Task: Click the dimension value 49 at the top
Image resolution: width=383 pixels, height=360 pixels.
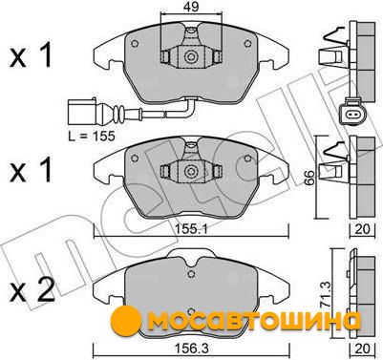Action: tap(191, 7)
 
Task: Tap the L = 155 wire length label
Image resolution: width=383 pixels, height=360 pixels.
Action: tap(91, 137)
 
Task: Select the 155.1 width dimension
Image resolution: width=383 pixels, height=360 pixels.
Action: tap(191, 229)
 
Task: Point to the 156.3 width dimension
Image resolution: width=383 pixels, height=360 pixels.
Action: tap(191, 349)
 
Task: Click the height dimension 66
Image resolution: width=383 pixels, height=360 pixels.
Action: tap(309, 178)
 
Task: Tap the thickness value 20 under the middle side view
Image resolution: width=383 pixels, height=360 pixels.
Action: tap(362, 229)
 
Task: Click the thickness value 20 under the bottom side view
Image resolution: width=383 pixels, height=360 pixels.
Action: tap(363, 349)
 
